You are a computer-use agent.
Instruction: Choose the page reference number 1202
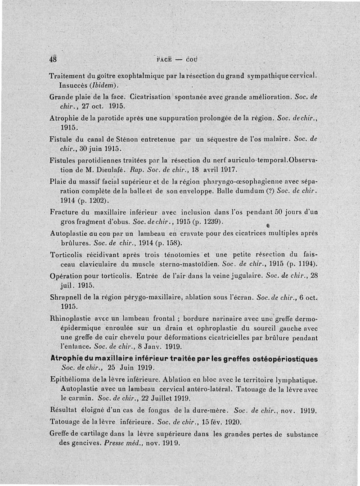[x=95, y=200]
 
